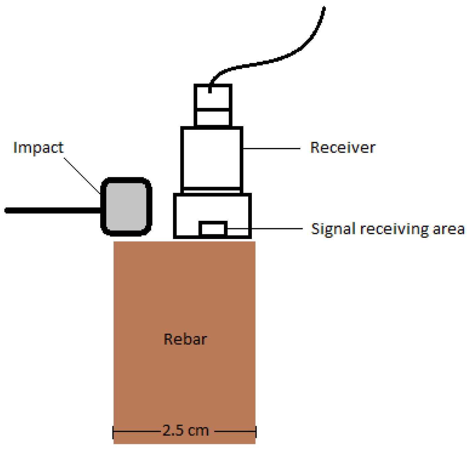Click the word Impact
(x=38, y=148)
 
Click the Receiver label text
(x=342, y=148)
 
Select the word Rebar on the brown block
(x=185, y=339)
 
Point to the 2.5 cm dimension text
(x=186, y=430)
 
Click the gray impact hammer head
(x=126, y=206)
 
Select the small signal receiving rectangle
(x=213, y=229)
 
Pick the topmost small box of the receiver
(x=213, y=97)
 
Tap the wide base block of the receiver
(x=189, y=216)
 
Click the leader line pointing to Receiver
(x=271, y=148)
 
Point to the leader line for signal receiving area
(x=264, y=229)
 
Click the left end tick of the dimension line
(x=113, y=431)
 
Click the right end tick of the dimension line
(x=256, y=431)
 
